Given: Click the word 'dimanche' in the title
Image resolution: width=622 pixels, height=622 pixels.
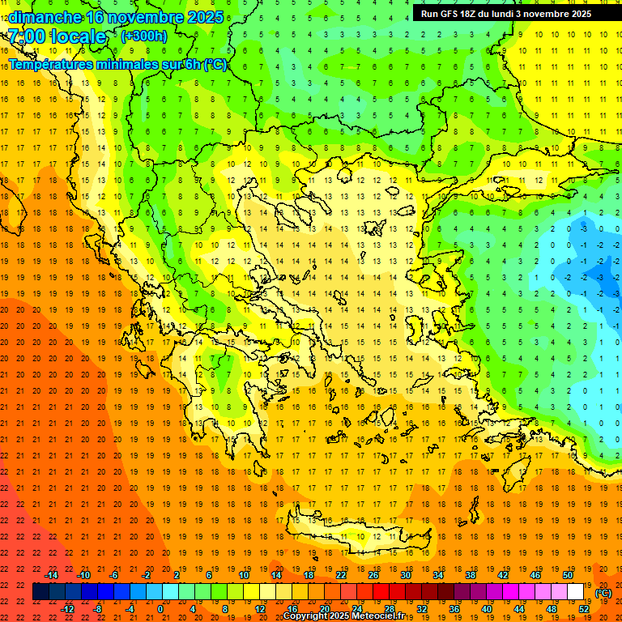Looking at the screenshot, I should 45,17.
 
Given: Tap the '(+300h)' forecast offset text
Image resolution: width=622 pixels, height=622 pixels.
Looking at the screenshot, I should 144,36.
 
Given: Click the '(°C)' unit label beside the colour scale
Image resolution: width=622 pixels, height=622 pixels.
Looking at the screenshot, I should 603,593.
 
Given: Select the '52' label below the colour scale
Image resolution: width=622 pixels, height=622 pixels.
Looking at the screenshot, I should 584,609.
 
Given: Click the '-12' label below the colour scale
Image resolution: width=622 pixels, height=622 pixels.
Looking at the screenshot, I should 67,609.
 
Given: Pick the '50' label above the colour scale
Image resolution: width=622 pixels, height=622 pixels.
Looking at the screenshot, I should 568,575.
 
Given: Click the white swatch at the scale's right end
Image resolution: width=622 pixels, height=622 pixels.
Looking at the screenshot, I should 576,592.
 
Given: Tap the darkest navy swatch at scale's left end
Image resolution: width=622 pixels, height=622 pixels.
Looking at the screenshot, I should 41,592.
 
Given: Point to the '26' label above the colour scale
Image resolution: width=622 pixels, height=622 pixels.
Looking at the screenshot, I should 373,575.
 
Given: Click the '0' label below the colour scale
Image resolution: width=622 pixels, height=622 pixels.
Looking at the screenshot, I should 160,609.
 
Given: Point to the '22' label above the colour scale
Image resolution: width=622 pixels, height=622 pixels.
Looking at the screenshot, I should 341,575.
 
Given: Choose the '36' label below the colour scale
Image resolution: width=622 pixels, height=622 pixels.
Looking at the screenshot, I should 454,609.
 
